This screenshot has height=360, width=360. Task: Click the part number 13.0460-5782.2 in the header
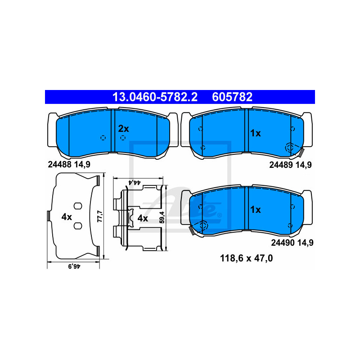click(155, 97)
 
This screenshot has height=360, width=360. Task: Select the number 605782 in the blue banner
click(232, 97)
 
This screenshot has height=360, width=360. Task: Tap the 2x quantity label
click(123, 129)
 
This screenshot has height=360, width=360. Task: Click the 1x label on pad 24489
click(255, 133)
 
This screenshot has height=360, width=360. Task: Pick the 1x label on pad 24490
click(255, 210)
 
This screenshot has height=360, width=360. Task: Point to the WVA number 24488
click(59, 164)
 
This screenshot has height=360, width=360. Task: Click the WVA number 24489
click(281, 165)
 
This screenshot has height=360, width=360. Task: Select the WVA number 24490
click(283, 243)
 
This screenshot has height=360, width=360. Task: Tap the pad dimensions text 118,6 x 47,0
click(246, 258)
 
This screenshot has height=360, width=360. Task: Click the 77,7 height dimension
click(100, 216)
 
